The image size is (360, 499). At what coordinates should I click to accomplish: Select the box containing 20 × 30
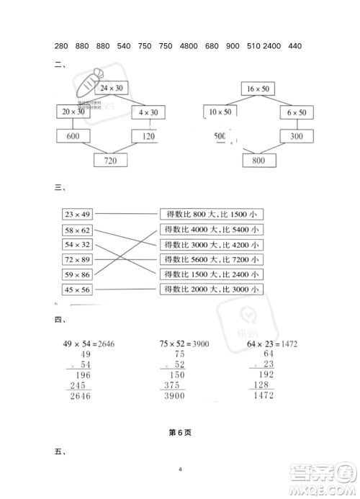point(73,112)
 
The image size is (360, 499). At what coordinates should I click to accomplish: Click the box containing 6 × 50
point(296,112)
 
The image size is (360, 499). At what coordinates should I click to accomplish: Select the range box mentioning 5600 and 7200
point(212,260)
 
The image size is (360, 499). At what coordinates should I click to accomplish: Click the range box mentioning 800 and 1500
point(212,214)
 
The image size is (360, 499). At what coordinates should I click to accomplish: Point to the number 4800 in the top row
point(188,46)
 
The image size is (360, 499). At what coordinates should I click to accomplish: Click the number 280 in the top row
point(62,46)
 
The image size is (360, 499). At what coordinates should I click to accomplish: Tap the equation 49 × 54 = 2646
point(85,344)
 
